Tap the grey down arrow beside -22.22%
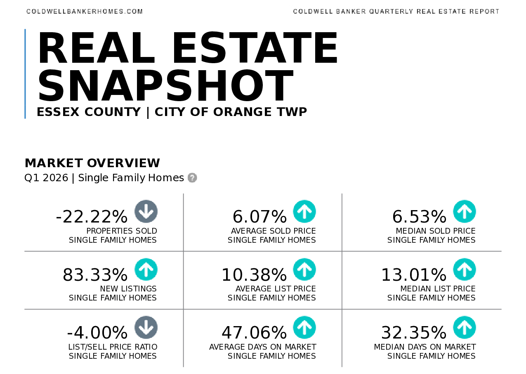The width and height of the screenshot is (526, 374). tap(146, 211)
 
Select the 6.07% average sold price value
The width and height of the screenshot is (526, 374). tap(260, 217)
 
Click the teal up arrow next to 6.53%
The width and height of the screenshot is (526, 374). tap(465, 211)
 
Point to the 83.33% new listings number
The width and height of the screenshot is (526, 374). tap(95, 275)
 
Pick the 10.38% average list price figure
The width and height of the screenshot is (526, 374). tap(254, 275)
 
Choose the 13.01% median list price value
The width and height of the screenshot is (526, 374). tap(414, 275)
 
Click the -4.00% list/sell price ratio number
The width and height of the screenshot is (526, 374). tap(97, 333)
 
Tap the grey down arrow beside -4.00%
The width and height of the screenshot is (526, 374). tap(146, 327)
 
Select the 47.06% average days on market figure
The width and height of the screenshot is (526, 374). tap(254, 333)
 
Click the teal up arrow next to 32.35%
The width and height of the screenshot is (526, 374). tap(465, 327)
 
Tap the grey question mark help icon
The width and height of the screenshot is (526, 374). tap(192, 178)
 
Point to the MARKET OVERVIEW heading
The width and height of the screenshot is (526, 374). tap(92, 163)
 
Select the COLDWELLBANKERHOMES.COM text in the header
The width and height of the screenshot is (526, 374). tap(85, 12)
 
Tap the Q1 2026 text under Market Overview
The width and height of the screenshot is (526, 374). tap(46, 178)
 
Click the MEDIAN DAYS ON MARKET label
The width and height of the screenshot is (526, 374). tap(425, 347)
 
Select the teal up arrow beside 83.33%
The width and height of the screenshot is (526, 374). tap(146, 270)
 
